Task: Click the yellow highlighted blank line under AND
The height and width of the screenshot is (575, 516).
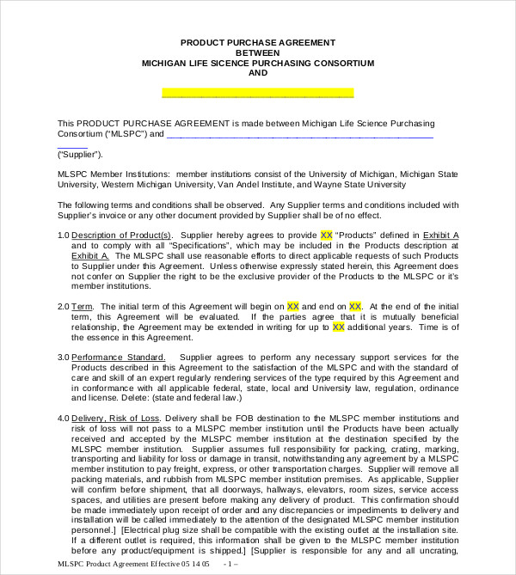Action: pyautogui.click(x=257, y=93)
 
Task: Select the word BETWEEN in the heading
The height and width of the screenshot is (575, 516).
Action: pyautogui.click(x=258, y=52)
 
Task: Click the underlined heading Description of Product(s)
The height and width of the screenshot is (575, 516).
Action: pyautogui.click(x=121, y=235)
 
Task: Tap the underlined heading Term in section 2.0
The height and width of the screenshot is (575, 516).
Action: pyautogui.click(x=83, y=306)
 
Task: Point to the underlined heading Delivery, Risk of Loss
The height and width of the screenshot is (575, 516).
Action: pyautogui.click(x=115, y=418)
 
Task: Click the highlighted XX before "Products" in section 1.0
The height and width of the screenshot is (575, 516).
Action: pyautogui.click(x=326, y=235)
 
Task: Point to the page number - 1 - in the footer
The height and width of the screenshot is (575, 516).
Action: pyautogui.click(x=230, y=564)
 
